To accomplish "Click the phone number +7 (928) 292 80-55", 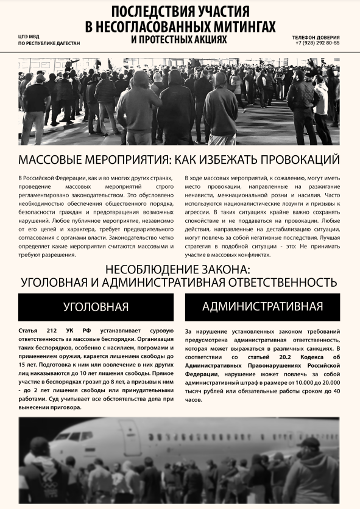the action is point(317,43).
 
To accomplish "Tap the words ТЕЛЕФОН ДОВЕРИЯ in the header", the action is point(316,37).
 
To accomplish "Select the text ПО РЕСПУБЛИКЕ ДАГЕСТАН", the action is point(49,44).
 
